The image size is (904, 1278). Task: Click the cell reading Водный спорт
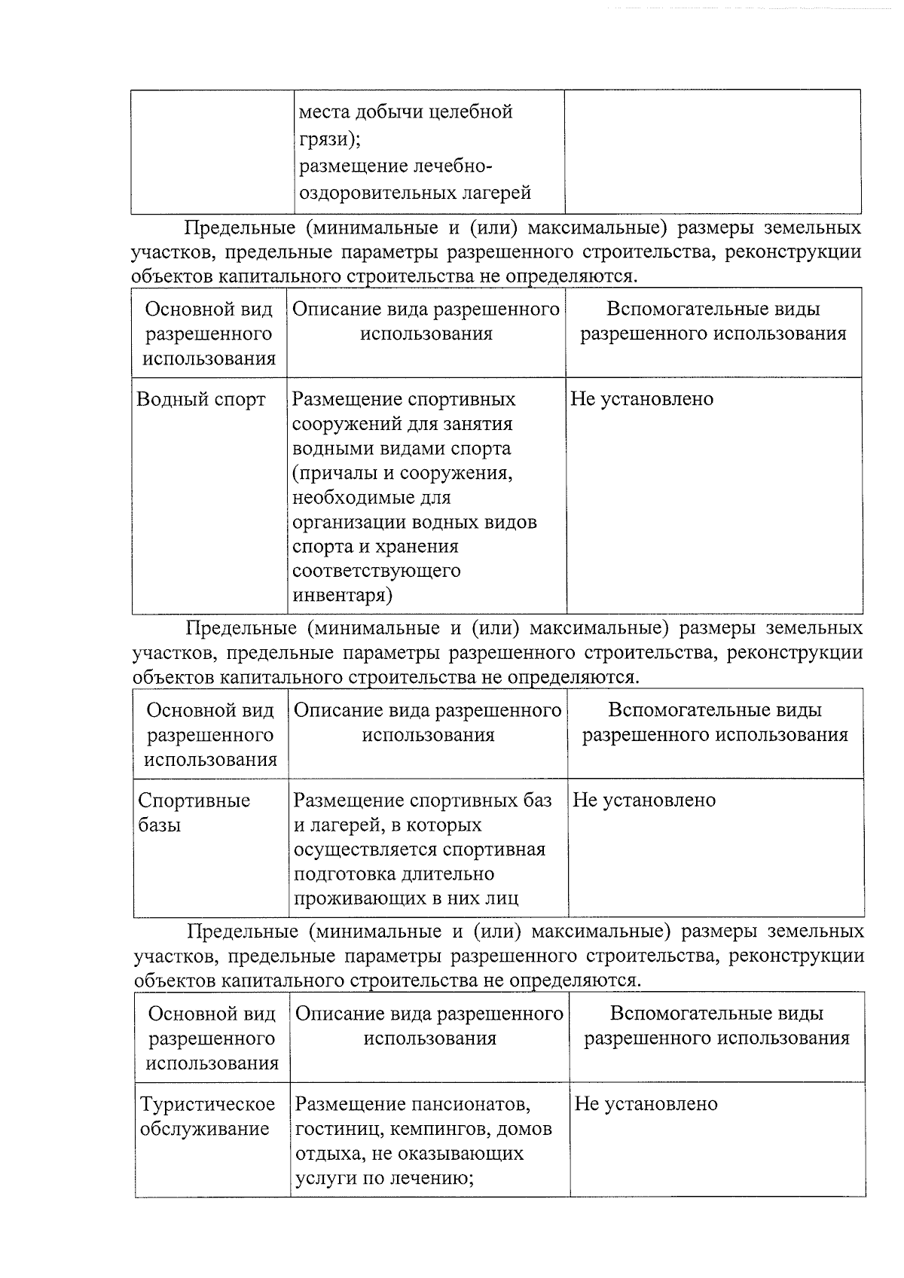coord(201,399)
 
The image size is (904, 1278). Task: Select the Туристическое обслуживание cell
coord(207,1116)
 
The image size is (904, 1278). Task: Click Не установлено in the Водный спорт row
coord(642,399)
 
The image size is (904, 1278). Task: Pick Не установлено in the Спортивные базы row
coord(644,800)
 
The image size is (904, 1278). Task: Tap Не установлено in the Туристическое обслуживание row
coord(646,1104)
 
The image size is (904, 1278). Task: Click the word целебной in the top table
coord(471,112)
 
